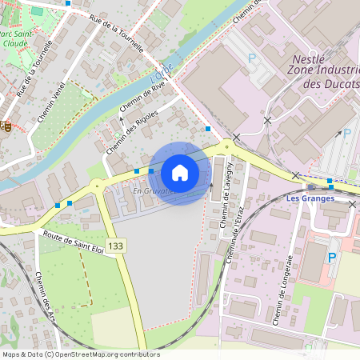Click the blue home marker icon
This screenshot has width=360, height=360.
click(180, 173)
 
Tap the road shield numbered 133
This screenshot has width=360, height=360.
click(117, 245)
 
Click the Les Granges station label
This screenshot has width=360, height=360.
click(330, 198)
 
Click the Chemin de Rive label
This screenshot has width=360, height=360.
click(142, 94)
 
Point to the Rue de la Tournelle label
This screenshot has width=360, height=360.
click(116, 33)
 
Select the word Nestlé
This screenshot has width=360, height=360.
click(309, 59)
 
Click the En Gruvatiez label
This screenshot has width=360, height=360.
click(153, 191)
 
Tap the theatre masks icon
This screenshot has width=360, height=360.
click(5, 124)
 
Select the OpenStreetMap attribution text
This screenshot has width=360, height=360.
click(81, 354)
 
